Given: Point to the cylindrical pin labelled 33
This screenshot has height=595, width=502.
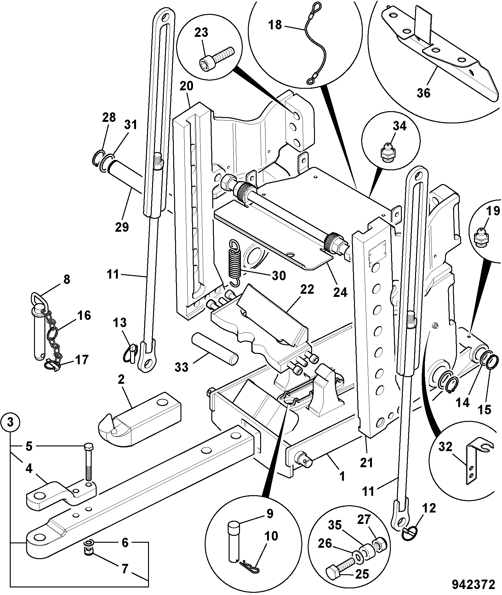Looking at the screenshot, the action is pyautogui.click(x=214, y=349).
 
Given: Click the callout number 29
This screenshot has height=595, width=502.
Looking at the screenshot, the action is pyautogui.click(x=122, y=227).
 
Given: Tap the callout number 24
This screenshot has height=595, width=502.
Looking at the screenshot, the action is pyautogui.click(x=340, y=292).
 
